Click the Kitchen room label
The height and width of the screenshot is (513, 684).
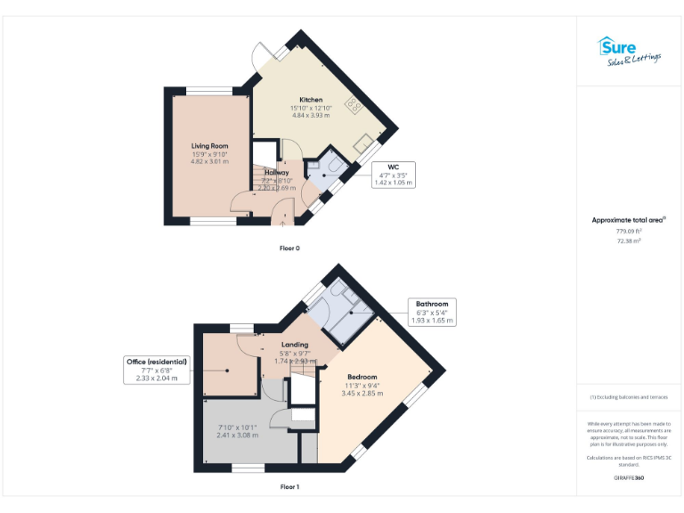(310, 100)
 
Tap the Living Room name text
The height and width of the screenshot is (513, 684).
(210, 145)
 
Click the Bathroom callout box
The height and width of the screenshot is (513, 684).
(431, 308)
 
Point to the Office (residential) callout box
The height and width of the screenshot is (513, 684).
(156, 370)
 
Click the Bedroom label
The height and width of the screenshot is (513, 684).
(362, 377)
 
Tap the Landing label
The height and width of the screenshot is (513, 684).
(295, 345)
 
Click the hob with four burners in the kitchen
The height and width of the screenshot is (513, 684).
(354, 105)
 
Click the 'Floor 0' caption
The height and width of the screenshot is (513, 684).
(289, 248)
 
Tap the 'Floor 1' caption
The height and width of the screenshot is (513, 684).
(289, 487)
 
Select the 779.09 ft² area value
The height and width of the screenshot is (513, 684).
(629, 231)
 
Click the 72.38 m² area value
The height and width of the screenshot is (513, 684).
(629, 241)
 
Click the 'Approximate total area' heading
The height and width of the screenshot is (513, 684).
(628, 219)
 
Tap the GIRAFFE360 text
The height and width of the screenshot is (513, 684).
(629, 478)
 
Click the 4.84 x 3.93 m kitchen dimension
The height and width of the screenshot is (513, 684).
(310, 116)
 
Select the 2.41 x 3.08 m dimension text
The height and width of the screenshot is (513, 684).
(239, 436)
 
